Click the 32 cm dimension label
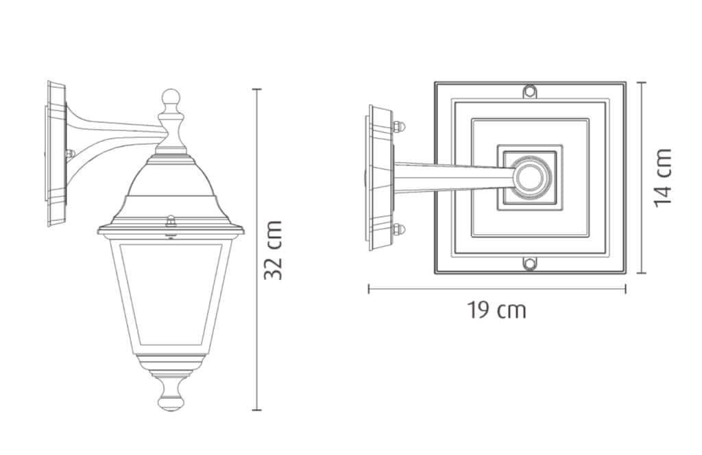click(274, 250)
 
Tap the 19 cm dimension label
click(497, 310)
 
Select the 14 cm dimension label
click(662, 177)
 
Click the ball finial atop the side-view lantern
click(171, 98)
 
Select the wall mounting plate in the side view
click(54, 154)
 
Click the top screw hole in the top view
click(529, 91)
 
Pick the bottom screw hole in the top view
click(529, 264)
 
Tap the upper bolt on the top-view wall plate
click(398, 126)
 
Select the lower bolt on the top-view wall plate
click(398, 229)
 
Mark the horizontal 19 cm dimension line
click(497, 289)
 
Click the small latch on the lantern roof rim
click(171, 220)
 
